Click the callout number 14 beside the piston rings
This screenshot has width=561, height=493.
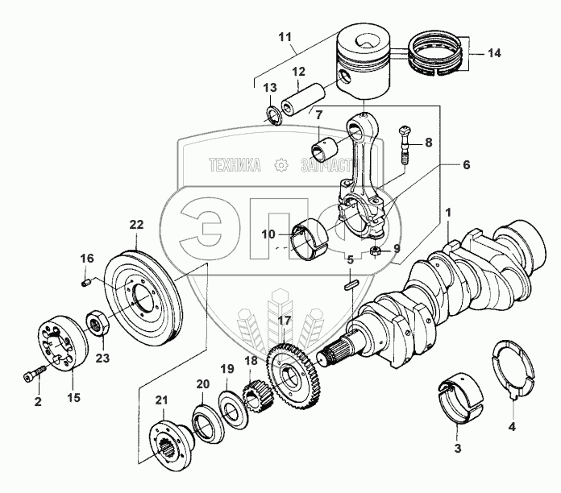pos(494,53)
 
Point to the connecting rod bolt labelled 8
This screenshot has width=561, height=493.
pos(405,152)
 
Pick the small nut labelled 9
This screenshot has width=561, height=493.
pos(376,254)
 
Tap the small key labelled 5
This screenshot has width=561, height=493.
pos(350,284)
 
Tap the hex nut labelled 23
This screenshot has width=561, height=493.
pos(98,325)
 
